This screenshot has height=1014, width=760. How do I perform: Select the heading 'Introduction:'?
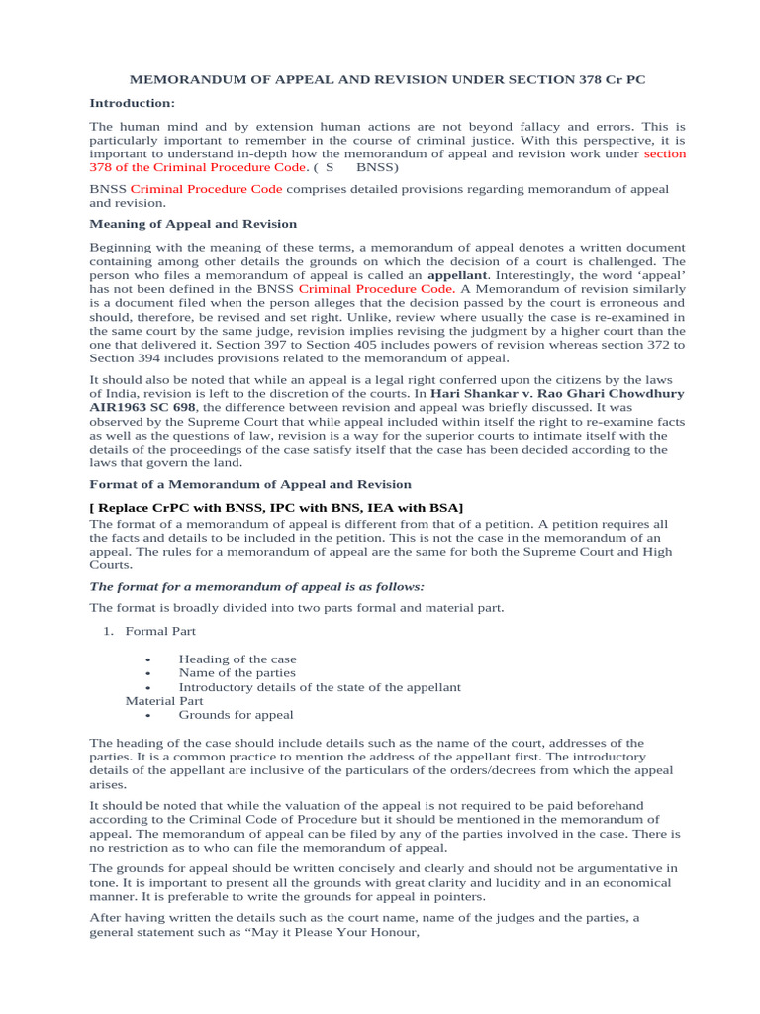click(132, 103)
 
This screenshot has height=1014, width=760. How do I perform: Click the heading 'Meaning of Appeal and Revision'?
click(193, 224)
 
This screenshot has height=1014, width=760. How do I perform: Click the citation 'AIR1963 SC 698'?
click(142, 407)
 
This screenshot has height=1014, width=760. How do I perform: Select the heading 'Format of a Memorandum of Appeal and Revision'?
click(250, 484)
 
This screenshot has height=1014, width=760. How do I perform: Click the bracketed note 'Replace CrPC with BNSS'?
click(275, 508)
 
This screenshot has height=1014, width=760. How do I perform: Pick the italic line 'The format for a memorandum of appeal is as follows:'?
click(257, 586)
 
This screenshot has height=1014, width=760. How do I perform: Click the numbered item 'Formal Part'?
click(160, 631)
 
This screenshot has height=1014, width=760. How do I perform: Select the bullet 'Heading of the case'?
click(237, 659)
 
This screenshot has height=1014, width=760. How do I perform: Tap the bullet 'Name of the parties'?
click(237, 672)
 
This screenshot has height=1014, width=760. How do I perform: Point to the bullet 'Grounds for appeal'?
click(236, 714)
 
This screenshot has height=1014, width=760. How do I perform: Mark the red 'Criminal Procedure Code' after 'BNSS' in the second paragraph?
click(192, 188)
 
